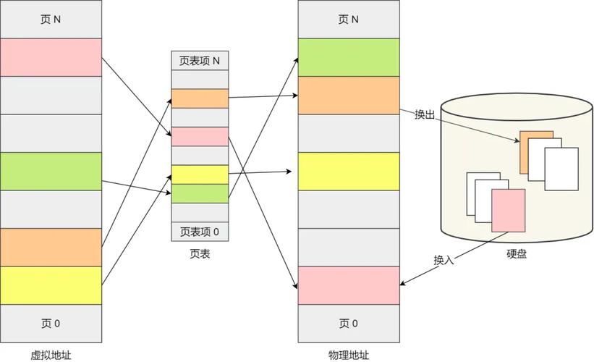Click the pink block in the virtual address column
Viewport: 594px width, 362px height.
point(51,57)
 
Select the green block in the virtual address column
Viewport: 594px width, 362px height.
point(51,171)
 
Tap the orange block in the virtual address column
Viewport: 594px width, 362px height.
point(51,247)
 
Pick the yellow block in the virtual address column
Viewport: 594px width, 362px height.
point(51,285)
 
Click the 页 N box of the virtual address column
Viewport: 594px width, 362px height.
point(51,20)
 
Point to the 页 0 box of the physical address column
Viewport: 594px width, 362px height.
point(348,323)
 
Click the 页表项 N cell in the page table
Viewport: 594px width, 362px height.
point(200,61)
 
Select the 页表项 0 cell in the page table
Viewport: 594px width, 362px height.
point(200,232)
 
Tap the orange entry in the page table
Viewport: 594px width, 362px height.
point(200,98)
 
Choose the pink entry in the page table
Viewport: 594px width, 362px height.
point(200,136)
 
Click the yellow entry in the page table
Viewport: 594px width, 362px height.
point(200,174)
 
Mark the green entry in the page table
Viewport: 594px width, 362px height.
point(200,193)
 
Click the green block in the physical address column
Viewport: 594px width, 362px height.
point(348,57)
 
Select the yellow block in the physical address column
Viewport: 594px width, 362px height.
point(348,171)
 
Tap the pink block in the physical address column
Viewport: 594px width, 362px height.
point(348,285)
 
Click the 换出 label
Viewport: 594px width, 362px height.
point(424,115)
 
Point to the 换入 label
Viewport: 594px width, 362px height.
point(444,260)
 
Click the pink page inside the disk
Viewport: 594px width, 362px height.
point(508,210)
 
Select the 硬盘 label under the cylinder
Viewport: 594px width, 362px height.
point(517,254)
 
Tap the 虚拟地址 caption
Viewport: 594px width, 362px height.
point(51,355)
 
